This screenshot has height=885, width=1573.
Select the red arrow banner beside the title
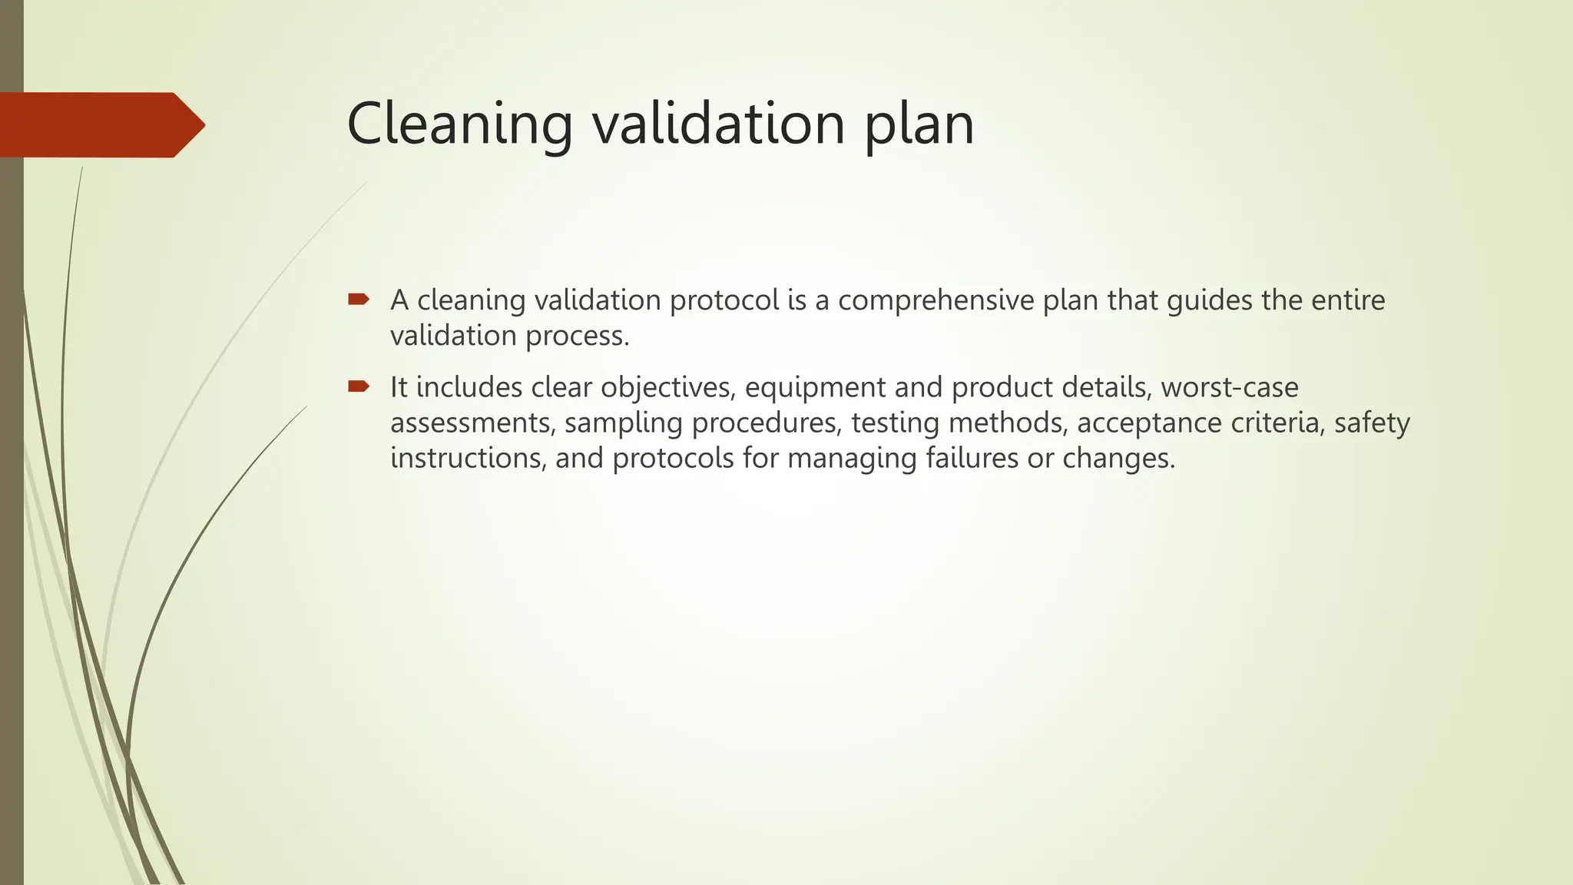(x=100, y=124)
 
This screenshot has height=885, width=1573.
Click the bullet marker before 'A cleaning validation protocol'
(x=359, y=299)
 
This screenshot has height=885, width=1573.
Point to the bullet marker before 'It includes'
(x=359, y=386)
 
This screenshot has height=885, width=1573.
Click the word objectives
(x=667, y=387)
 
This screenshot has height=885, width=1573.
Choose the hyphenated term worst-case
(x=1229, y=387)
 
